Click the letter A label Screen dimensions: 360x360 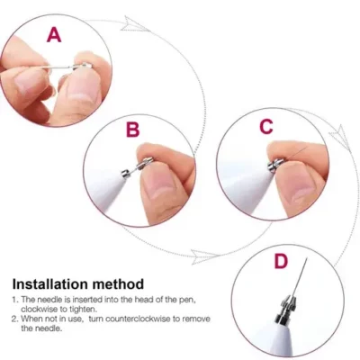coord(55,35)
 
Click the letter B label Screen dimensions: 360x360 coord(133,130)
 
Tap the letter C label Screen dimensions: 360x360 coord(265,127)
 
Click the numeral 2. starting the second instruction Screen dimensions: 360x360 coord(15,319)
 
